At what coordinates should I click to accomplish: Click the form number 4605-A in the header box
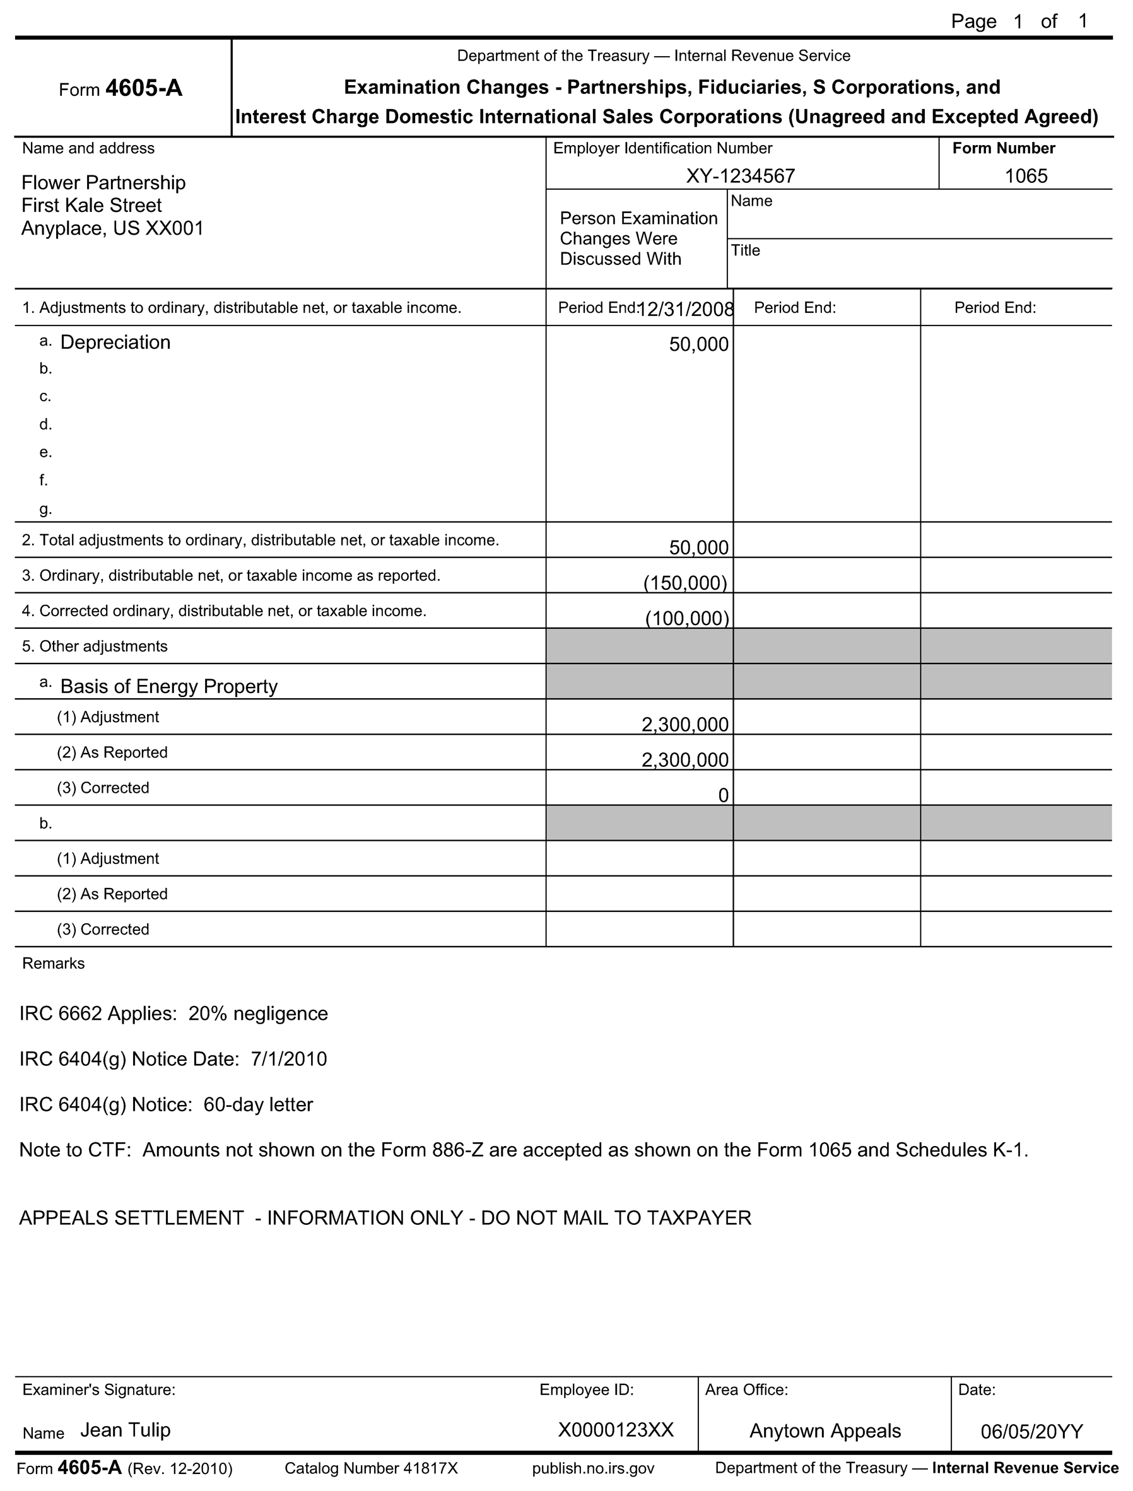point(143,89)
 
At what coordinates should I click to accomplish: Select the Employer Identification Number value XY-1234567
point(741,176)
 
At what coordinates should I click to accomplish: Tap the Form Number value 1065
point(1026,176)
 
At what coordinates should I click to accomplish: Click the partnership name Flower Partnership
point(103,183)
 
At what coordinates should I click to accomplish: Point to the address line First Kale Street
point(91,206)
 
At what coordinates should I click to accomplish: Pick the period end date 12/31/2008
point(685,309)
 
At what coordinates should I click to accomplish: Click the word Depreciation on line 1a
point(115,342)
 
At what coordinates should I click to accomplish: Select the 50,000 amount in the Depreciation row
point(699,344)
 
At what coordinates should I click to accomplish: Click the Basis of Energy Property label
point(168,686)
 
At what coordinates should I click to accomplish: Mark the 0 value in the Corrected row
point(723,796)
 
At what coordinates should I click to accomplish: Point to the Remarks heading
point(53,964)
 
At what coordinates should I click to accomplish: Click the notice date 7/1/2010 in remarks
point(289,1060)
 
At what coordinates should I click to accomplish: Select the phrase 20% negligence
point(258,1014)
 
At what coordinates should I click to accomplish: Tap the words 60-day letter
point(258,1105)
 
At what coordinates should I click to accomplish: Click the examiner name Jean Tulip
point(126,1430)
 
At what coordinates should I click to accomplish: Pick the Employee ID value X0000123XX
point(616,1431)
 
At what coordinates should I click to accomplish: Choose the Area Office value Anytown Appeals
point(825,1432)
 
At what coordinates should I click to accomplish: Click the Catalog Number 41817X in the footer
point(371,1469)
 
